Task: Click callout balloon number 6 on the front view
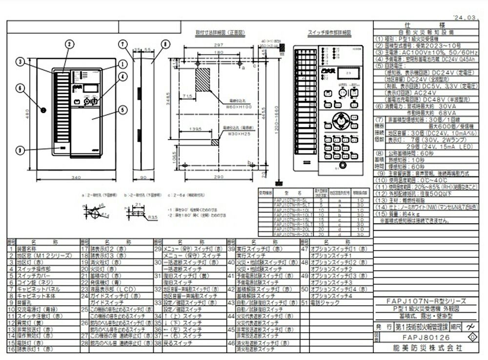[x=20, y=88]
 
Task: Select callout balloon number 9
[x=20, y=150]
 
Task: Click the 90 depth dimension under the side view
[x=143, y=178]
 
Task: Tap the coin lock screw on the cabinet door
[x=43, y=108]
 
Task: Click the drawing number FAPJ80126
[x=423, y=338]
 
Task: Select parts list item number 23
[x=84, y=289]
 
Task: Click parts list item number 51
[x=304, y=303]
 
